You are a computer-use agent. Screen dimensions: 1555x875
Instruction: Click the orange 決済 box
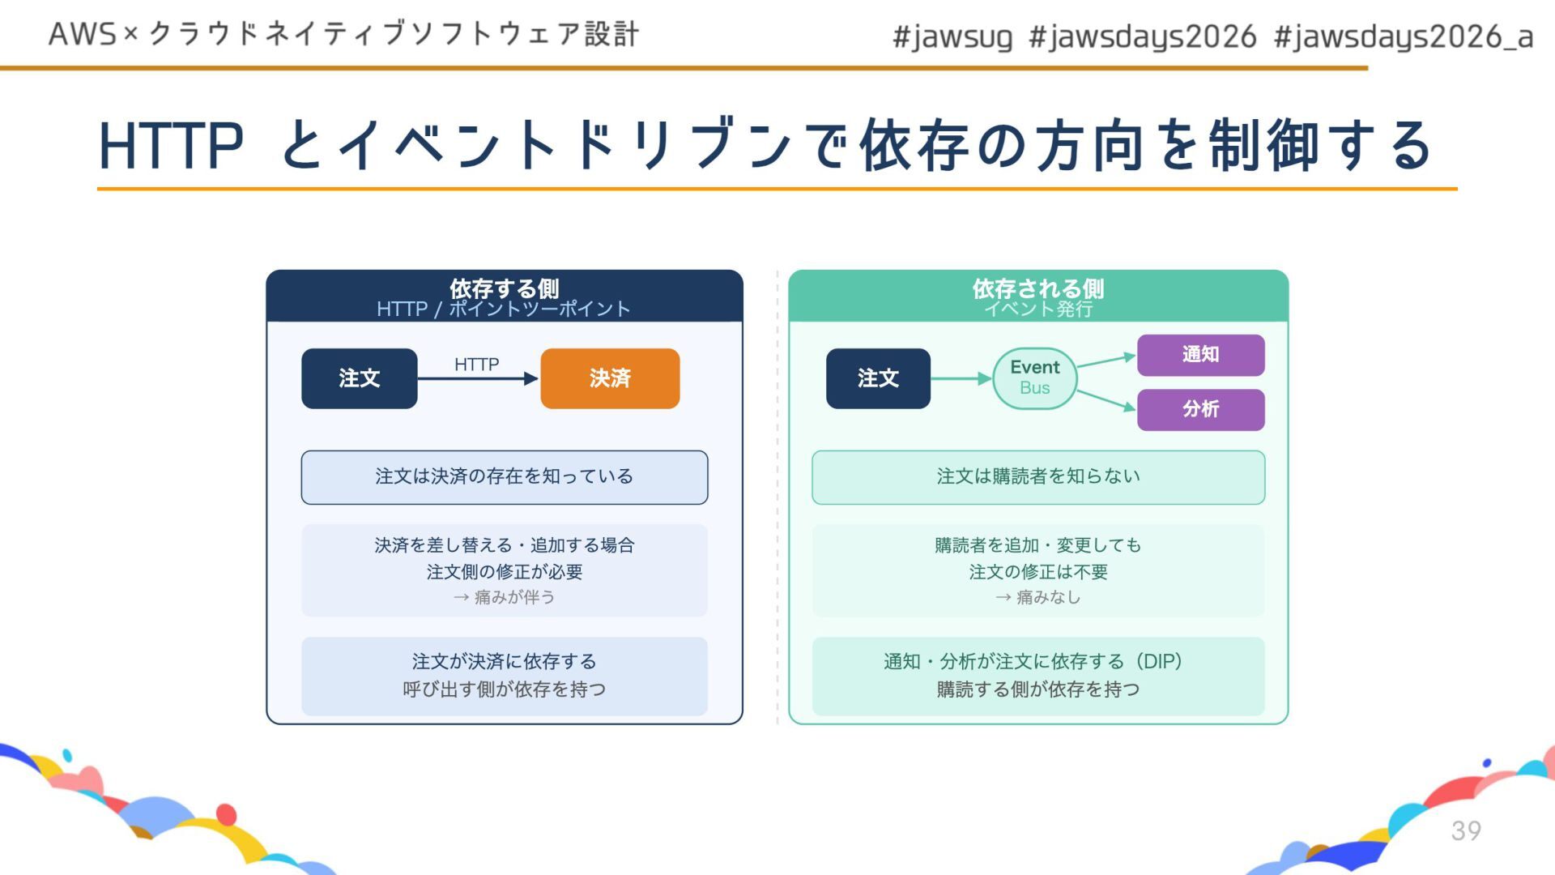(610, 378)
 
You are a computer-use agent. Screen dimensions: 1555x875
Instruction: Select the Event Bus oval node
(1034, 378)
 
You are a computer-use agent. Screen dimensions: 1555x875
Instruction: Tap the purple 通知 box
(1200, 355)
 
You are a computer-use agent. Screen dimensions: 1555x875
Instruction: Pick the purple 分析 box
(1200, 409)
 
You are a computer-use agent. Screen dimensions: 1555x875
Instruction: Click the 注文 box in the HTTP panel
(359, 378)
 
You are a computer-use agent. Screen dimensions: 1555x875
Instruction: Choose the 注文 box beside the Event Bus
(878, 378)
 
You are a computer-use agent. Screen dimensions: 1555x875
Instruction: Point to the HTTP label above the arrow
(476, 365)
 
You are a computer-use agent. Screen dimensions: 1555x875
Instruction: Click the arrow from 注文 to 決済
(478, 378)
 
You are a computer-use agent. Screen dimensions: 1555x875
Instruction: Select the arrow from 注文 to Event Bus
(961, 378)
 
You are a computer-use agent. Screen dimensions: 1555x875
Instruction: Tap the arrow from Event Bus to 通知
(1106, 361)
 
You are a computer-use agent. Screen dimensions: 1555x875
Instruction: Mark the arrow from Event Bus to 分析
(1106, 399)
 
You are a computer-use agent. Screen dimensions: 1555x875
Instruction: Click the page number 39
(1466, 830)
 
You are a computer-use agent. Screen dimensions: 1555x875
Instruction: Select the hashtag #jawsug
(952, 36)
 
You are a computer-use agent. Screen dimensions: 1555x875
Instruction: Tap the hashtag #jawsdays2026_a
(1403, 36)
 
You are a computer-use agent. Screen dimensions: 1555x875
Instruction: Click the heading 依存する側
(504, 288)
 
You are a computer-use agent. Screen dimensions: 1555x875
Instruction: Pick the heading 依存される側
(1037, 288)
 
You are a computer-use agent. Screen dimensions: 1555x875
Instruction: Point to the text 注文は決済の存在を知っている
(504, 476)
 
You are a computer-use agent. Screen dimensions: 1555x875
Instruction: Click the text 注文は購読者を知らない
(1037, 476)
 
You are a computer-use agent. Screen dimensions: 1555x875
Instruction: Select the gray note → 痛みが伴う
(504, 597)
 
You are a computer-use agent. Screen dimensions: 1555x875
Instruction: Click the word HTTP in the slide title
(171, 147)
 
